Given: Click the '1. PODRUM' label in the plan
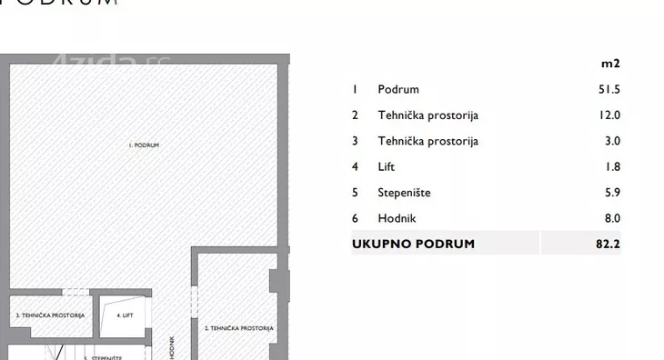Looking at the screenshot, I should (x=144, y=145).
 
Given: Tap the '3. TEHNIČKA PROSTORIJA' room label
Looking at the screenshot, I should (x=50, y=315).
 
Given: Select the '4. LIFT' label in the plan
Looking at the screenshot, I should (x=125, y=315).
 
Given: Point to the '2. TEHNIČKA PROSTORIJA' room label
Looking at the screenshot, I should (x=238, y=328).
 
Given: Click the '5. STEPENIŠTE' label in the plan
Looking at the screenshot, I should (x=103, y=357).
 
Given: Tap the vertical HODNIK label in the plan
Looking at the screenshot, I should (x=172, y=348).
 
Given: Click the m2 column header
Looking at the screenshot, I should (x=610, y=64).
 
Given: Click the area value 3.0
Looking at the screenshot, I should (x=611, y=141).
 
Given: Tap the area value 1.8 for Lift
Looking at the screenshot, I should (x=611, y=167).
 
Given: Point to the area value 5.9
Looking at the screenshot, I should (x=611, y=193).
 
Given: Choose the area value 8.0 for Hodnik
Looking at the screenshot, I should (x=611, y=218).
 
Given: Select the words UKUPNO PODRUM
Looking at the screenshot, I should (x=413, y=244).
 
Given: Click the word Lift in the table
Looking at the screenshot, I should (x=387, y=167).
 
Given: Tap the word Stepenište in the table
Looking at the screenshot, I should (x=404, y=193).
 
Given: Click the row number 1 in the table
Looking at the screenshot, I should (x=355, y=90).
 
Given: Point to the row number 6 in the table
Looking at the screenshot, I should (x=355, y=218).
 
